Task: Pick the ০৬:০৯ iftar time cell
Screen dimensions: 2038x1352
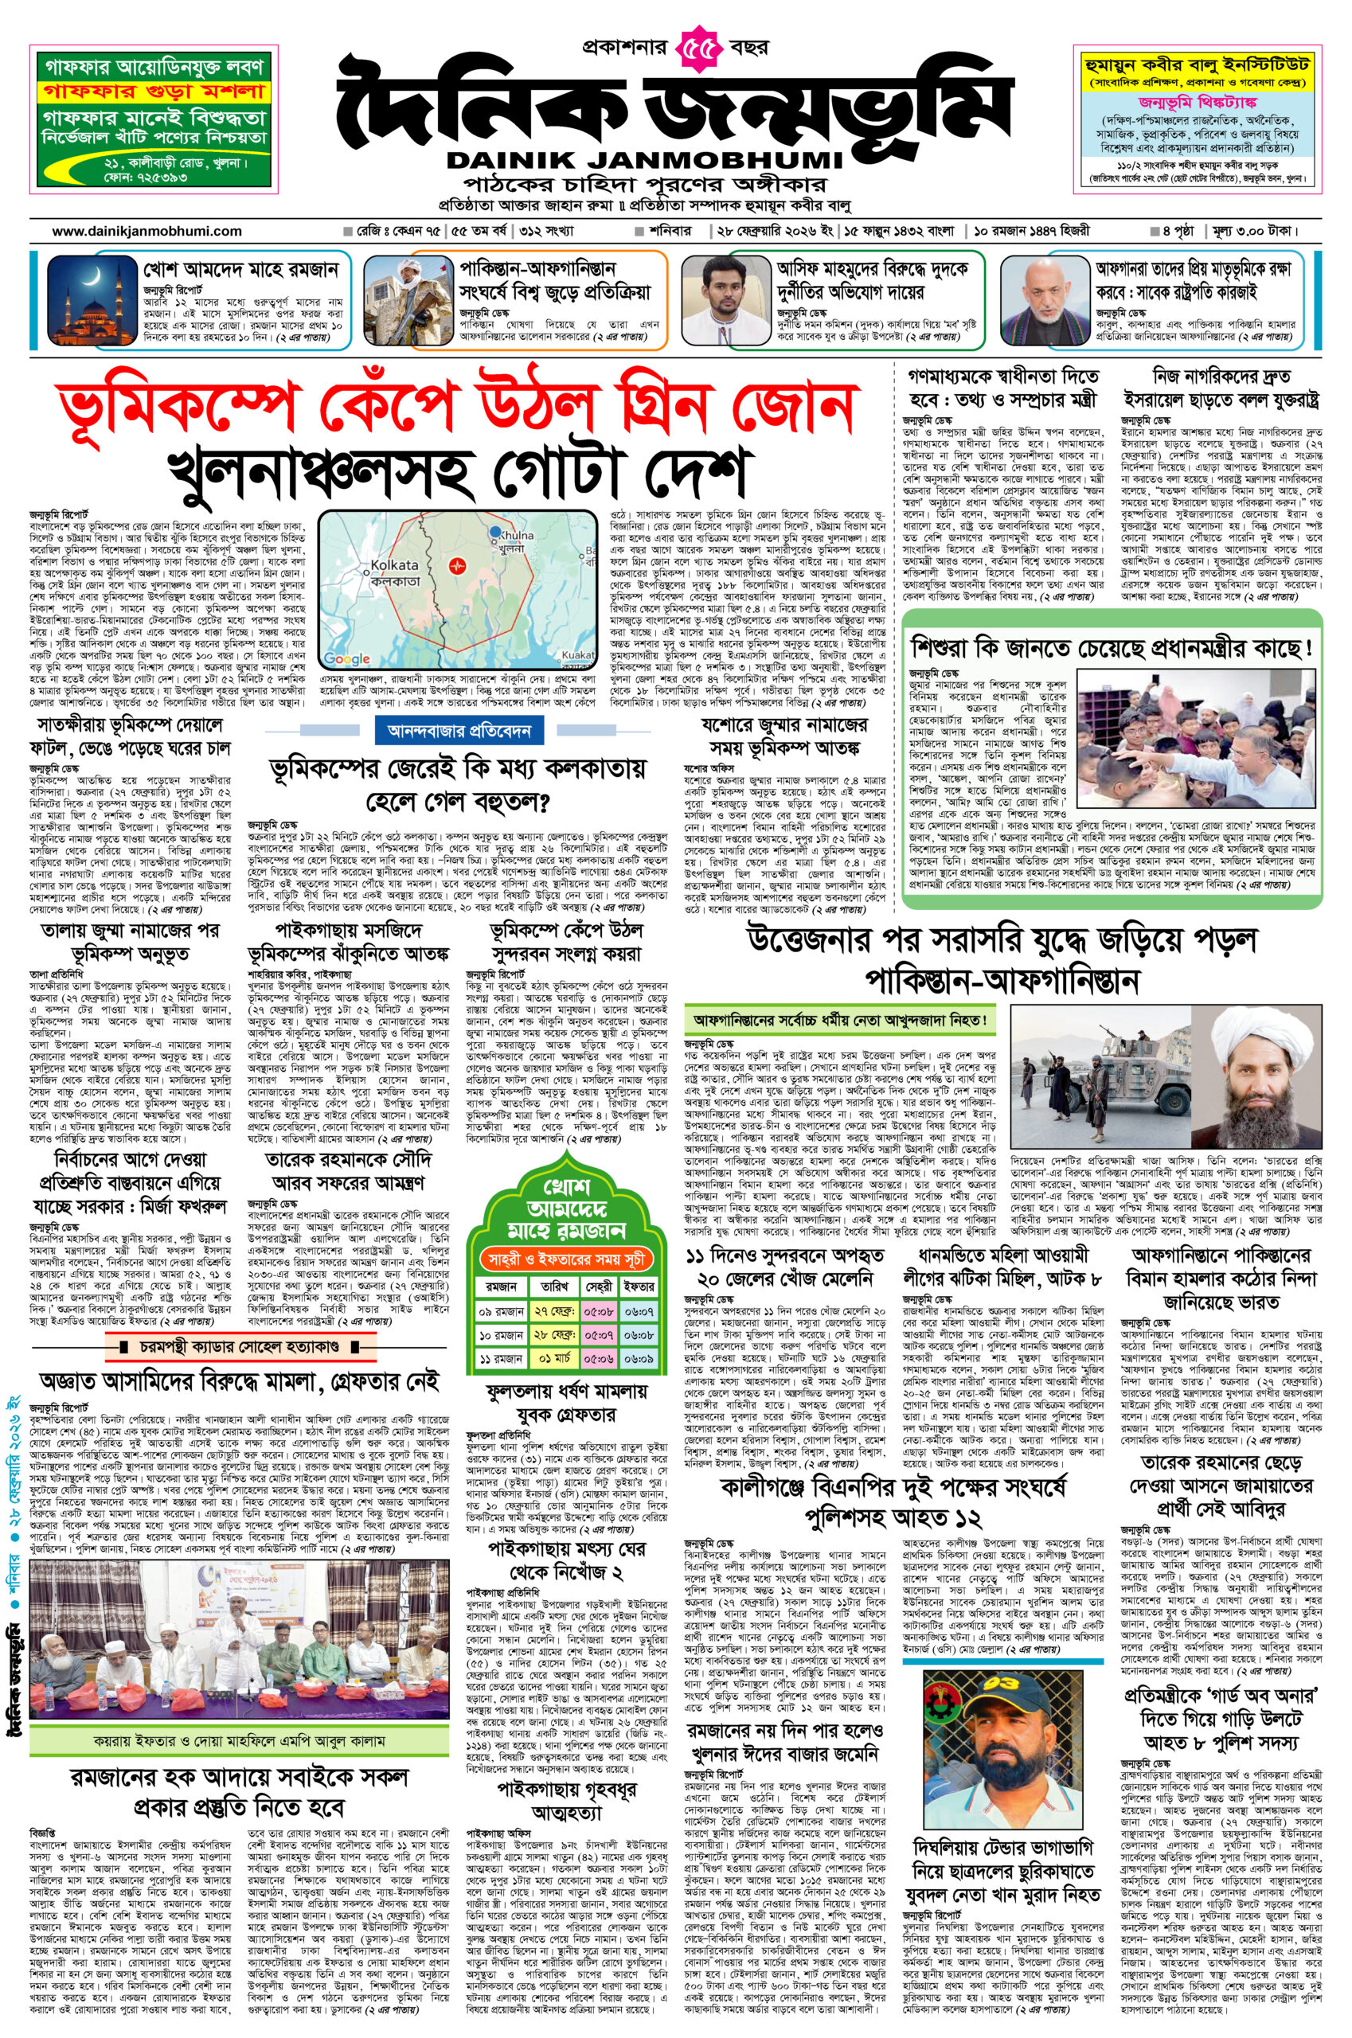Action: pyautogui.click(x=641, y=1359)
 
